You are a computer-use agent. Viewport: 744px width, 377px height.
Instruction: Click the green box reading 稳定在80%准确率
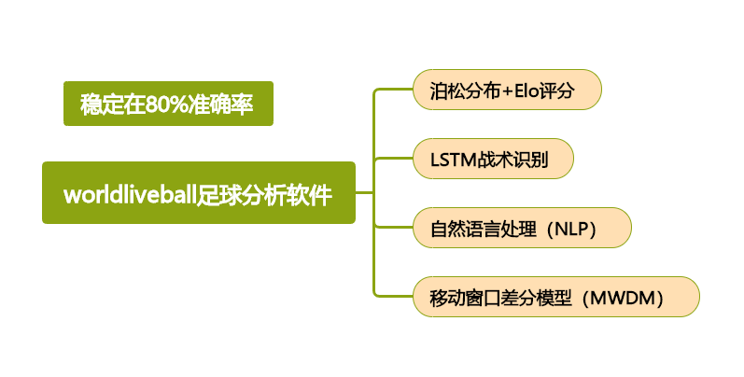(x=168, y=104)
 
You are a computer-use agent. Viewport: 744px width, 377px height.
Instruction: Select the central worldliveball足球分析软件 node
(x=199, y=193)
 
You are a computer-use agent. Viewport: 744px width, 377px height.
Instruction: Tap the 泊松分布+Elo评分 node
(x=507, y=91)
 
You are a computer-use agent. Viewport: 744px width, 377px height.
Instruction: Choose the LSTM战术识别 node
(x=493, y=160)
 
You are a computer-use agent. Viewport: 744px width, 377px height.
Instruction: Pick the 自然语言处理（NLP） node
(x=522, y=228)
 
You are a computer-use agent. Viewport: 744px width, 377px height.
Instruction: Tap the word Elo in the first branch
(x=530, y=91)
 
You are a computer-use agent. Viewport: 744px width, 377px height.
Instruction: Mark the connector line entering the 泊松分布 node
(x=393, y=90)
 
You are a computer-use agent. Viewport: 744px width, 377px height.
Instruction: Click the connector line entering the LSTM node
(x=393, y=159)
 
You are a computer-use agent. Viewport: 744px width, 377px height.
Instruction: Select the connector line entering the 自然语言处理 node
(x=393, y=227)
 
